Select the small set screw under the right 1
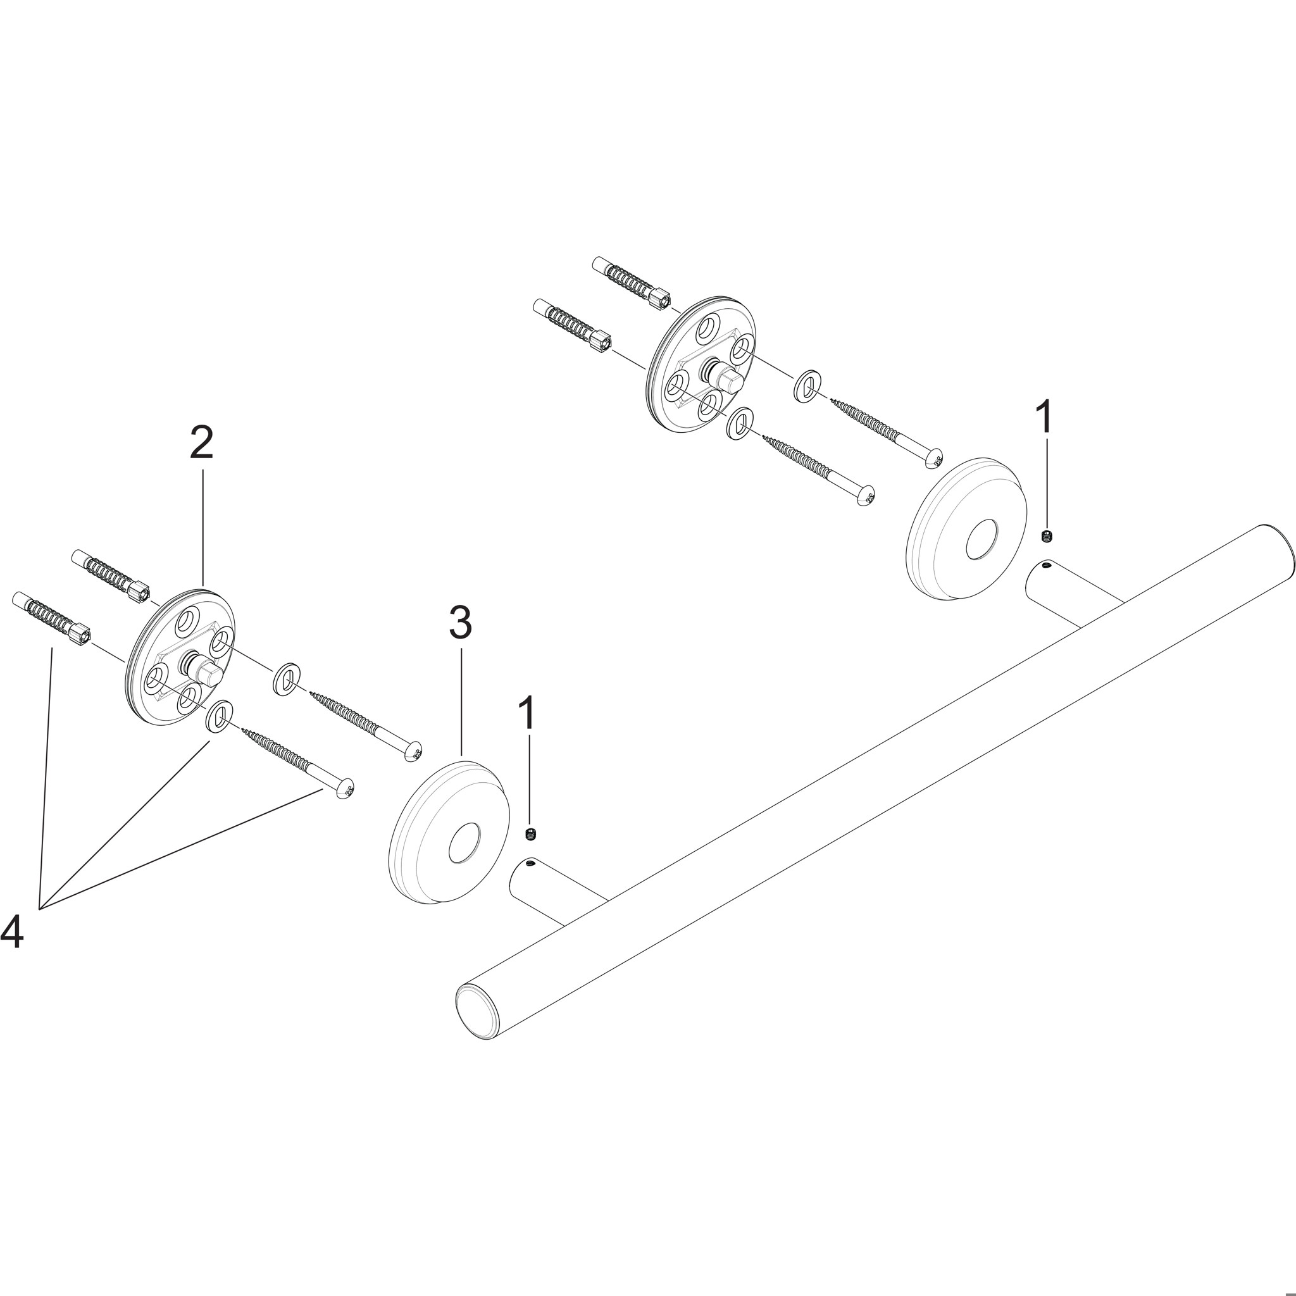1047,535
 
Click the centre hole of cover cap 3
463,845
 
